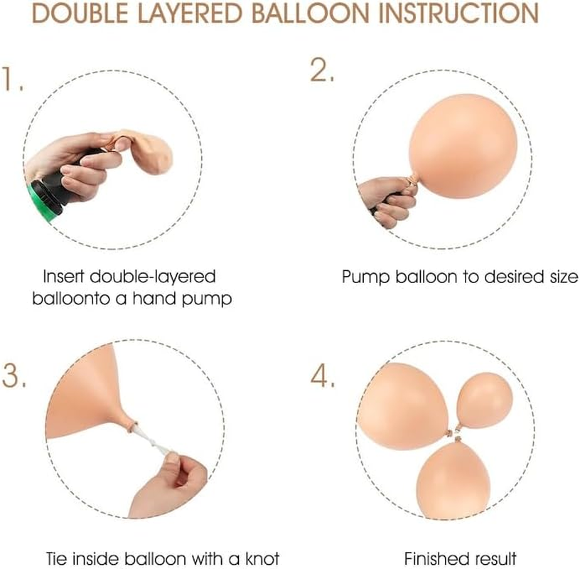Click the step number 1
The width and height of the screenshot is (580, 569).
tap(12, 79)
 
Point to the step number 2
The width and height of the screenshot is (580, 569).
tap(322, 70)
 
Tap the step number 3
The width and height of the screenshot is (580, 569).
tap(14, 375)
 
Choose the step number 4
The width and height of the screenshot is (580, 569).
tap(323, 376)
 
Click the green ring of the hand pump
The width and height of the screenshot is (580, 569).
tap(40, 203)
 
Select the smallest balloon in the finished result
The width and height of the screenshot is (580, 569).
tap(485, 401)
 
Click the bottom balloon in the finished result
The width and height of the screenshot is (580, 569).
tap(453, 478)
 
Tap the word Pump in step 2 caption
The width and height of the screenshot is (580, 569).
tap(366, 277)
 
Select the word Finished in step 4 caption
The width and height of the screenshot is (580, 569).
tap(431, 558)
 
